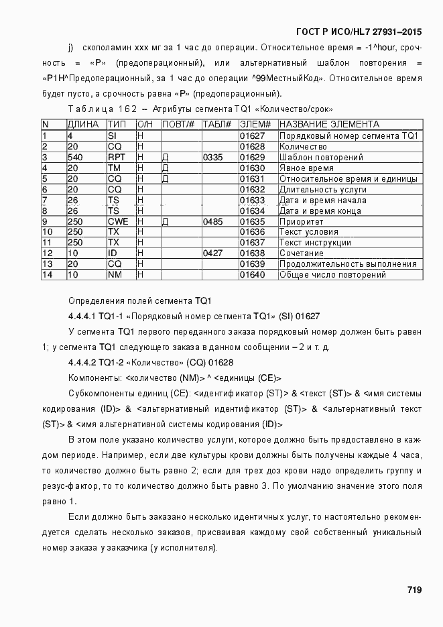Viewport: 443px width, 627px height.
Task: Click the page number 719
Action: click(x=414, y=590)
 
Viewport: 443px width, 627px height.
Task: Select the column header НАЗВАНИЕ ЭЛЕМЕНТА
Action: click(x=328, y=125)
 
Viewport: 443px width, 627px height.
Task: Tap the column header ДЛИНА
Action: click(x=82, y=125)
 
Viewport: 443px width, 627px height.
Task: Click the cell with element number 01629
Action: click(x=253, y=157)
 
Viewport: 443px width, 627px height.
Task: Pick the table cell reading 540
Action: click(x=74, y=157)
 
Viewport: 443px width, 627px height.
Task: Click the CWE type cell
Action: click(x=118, y=221)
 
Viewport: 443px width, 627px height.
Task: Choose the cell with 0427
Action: click(x=212, y=253)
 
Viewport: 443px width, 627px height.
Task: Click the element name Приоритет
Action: click(x=301, y=221)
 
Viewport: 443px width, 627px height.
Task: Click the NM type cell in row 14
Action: click(x=115, y=275)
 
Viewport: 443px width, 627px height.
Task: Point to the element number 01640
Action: click(x=253, y=275)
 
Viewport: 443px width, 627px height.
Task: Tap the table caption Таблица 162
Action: click(x=102, y=109)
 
